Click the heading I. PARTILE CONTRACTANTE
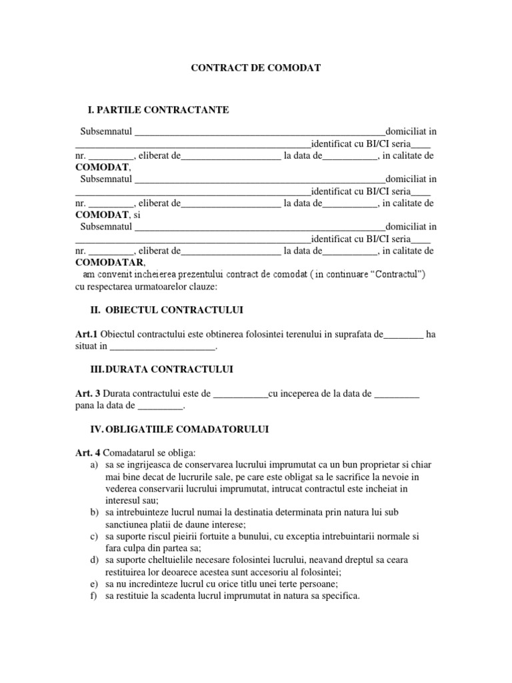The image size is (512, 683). pos(159,109)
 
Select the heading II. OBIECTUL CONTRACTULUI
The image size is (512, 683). pos(166,311)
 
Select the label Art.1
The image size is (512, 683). pos(86,334)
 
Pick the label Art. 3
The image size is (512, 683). pos(87,394)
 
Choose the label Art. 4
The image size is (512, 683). pos(87,453)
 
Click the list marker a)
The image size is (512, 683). pos(93,464)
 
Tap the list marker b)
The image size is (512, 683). pos(93,512)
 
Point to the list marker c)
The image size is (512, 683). pos(93,536)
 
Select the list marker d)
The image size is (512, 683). pos(93,560)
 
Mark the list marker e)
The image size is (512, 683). pos(93,584)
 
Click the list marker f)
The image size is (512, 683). pos(93,596)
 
